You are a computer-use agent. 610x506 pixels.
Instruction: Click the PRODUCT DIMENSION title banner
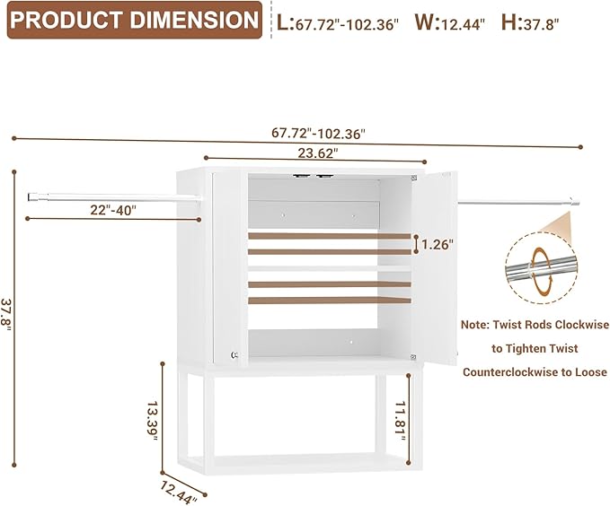[135, 20]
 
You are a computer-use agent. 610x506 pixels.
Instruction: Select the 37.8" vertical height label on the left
[6, 314]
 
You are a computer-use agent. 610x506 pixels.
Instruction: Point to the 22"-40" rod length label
[113, 210]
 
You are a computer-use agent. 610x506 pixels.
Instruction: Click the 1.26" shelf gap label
[438, 244]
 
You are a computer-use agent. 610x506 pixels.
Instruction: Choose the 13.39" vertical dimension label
[152, 421]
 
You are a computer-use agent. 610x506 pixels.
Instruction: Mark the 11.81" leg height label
[401, 422]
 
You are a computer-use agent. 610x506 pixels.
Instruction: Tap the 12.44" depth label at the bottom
[179, 493]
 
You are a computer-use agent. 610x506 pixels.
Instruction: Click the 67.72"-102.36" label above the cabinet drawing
[319, 134]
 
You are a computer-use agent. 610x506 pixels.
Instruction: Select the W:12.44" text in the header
[450, 22]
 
